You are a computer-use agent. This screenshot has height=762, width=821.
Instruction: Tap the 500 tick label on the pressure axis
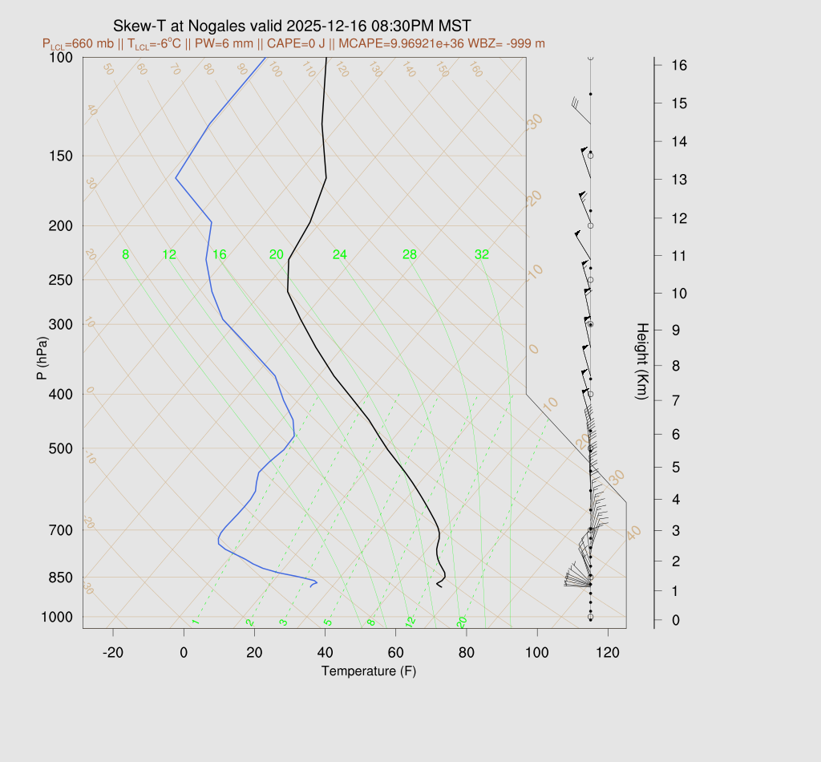[x=61, y=448]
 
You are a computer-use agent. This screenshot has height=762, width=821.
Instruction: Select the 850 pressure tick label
[x=61, y=578]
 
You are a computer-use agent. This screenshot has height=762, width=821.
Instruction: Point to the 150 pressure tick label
[x=61, y=156]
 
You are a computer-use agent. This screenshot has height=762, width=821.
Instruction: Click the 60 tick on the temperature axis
[x=395, y=653]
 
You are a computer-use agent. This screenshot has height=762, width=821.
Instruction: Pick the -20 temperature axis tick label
[x=113, y=653]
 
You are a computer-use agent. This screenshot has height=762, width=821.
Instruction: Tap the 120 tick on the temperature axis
[x=608, y=653]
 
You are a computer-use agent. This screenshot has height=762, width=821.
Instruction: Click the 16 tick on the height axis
[x=677, y=64]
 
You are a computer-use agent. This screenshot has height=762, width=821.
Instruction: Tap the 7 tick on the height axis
[x=677, y=399]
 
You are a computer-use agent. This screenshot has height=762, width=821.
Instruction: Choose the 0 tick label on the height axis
[x=677, y=620]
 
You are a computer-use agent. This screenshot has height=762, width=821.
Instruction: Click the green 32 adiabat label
[x=481, y=255]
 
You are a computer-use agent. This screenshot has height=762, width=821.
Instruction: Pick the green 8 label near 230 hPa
[x=126, y=255]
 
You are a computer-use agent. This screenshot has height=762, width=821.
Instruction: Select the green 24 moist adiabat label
[x=340, y=255]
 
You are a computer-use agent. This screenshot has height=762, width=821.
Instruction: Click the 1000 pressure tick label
[x=58, y=617]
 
